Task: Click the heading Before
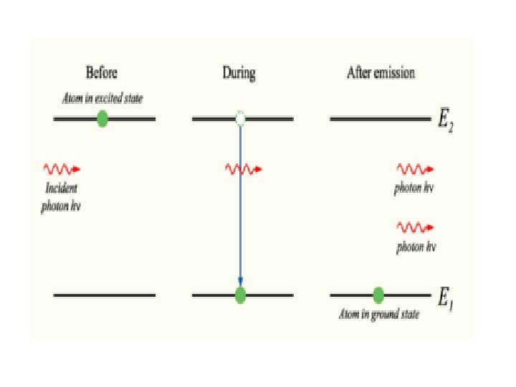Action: [101, 72]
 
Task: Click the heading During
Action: [239, 72]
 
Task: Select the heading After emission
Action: [381, 72]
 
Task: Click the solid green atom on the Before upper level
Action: [102, 118]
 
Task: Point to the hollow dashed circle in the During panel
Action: [240, 118]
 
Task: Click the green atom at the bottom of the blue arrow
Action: [240, 295]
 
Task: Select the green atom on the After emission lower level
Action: [378, 295]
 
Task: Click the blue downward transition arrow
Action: [240, 208]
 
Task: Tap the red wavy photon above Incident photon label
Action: [62, 169]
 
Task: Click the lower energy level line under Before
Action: [104, 295]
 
